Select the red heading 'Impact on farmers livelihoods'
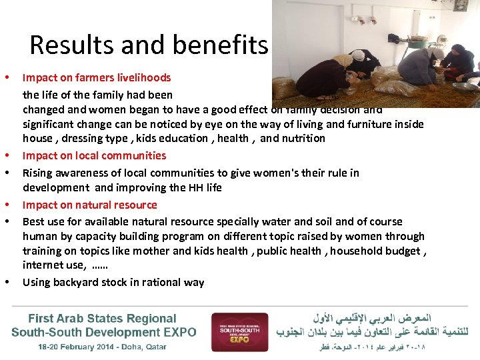point(97,77)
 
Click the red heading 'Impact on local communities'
point(94,155)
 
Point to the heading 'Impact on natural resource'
point(89,205)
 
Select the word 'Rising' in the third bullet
point(37,173)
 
